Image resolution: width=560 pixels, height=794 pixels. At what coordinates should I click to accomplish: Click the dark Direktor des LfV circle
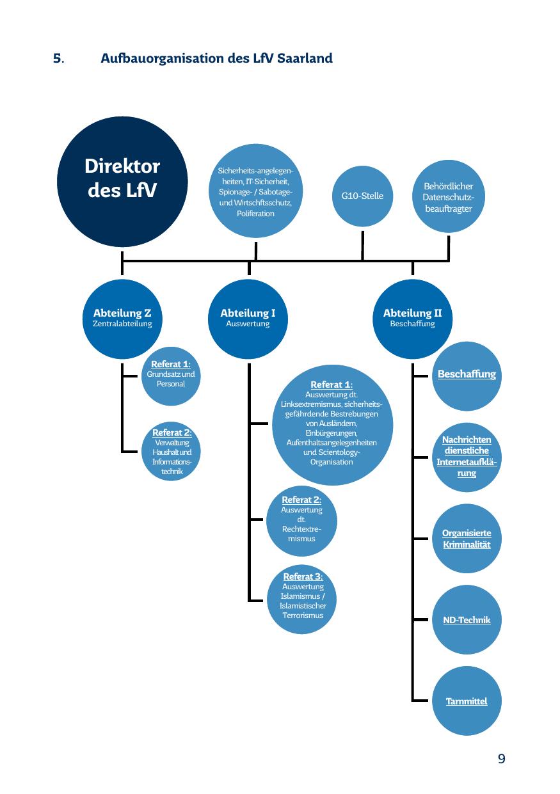point(122,182)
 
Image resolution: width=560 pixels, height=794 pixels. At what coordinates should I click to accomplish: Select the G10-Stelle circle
point(362,196)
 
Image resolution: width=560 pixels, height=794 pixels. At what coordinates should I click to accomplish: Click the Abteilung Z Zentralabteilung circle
point(122,318)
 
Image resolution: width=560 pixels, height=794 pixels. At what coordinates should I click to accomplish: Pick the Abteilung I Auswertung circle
point(248,318)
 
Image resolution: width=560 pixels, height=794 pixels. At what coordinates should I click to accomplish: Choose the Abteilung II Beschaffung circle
point(412,318)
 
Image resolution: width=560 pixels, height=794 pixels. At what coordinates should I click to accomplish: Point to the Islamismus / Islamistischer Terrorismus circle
point(302,599)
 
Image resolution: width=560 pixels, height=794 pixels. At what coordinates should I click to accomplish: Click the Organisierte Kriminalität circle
point(467,539)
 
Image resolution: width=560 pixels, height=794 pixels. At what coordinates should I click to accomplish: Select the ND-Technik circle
point(467,620)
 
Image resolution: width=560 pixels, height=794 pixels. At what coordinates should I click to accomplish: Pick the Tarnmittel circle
point(467,701)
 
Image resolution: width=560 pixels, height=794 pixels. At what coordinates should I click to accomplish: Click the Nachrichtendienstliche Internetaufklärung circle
point(467,456)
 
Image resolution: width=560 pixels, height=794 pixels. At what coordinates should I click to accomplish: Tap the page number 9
point(501,759)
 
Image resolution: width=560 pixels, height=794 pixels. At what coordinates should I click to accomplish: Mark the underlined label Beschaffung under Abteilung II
point(467,374)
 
